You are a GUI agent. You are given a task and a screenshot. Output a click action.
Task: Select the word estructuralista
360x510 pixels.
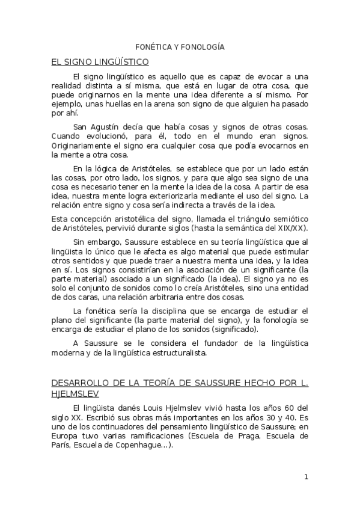pyautogui.click(x=174, y=352)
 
